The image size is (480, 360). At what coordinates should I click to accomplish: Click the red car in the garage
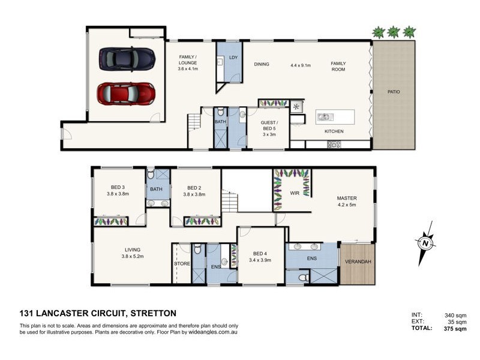(x=126, y=93)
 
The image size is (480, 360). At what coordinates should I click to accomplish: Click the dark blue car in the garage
(x=127, y=58)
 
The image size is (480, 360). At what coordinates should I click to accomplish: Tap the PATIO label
(x=393, y=92)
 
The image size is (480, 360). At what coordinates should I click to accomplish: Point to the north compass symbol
(x=425, y=242)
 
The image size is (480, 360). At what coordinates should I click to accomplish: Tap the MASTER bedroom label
(x=347, y=199)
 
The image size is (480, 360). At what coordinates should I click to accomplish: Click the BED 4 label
(x=260, y=253)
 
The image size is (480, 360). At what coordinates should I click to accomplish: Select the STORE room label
(x=182, y=264)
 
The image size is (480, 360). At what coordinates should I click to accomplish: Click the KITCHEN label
(x=334, y=131)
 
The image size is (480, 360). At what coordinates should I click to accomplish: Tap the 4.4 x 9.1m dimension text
(x=301, y=64)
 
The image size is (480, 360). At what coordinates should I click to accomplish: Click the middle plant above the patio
(x=394, y=32)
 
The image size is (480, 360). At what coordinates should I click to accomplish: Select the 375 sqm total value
(x=455, y=329)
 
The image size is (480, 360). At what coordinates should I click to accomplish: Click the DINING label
(x=261, y=64)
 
